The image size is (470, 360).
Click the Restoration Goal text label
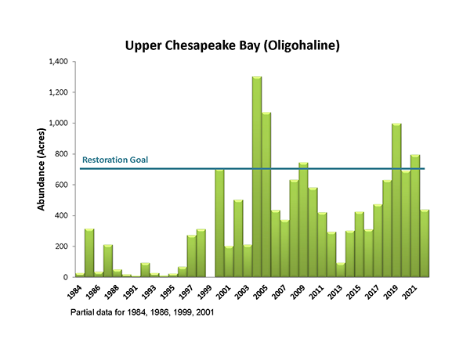[x=115, y=160]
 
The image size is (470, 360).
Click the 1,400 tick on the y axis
[x=60, y=62]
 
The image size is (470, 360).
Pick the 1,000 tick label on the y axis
[x=60, y=123]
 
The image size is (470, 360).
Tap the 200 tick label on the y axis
[x=63, y=247]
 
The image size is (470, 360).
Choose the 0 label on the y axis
[x=68, y=277]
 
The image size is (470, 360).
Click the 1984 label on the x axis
[x=74, y=290]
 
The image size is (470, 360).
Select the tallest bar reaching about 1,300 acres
[x=256, y=180]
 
